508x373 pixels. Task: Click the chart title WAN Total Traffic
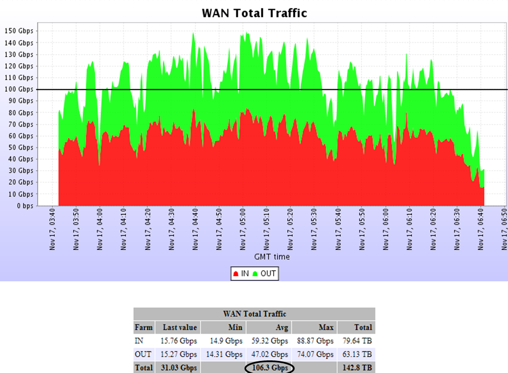(x=254, y=13)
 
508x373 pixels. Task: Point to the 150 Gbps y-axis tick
(x=19, y=31)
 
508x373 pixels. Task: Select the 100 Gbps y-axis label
(x=19, y=89)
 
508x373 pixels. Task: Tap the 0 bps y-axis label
(x=22, y=206)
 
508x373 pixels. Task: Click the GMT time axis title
(x=272, y=257)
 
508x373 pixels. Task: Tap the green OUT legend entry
(x=264, y=274)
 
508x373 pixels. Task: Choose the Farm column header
(x=144, y=327)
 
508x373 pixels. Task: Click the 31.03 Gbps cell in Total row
(x=179, y=368)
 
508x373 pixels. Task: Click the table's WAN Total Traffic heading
(x=254, y=314)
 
